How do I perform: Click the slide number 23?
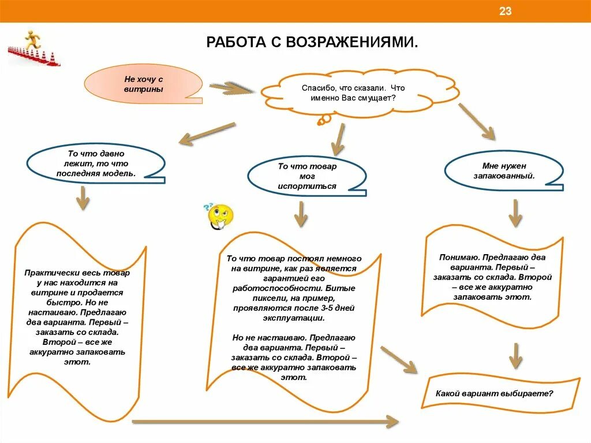[506, 12]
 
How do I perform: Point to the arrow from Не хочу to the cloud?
[231, 88]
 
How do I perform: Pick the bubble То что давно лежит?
[96, 163]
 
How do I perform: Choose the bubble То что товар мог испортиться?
[306, 176]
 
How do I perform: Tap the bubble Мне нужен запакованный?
[503, 171]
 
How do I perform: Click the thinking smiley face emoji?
[219, 217]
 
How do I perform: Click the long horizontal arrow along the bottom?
[265, 422]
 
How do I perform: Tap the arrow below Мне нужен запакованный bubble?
[515, 213]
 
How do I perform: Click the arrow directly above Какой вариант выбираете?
[515, 355]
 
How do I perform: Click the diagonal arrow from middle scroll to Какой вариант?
[399, 359]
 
